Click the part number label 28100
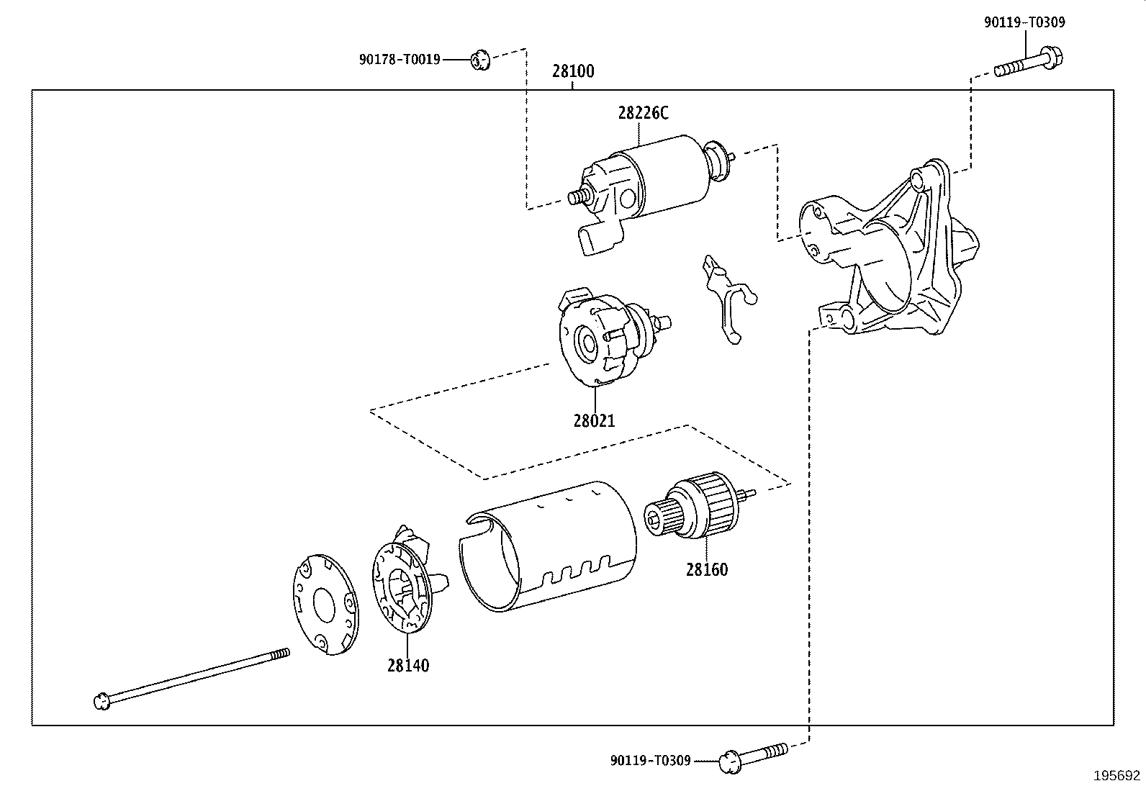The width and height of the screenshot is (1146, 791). tap(573, 71)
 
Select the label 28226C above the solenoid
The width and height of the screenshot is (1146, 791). tap(643, 113)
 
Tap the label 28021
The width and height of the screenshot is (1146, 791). tap(594, 420)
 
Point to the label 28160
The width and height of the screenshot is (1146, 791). tap(706, 570)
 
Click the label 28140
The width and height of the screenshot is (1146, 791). tap(407, 666)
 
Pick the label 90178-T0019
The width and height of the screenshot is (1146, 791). tap(399, 60)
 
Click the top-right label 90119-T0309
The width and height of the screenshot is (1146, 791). tap(1024, 22)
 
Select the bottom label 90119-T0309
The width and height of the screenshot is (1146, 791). tap(650, 760)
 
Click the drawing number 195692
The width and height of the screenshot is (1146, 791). tap(1117, 776)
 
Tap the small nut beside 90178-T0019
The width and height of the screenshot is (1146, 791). tap(480, 60)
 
